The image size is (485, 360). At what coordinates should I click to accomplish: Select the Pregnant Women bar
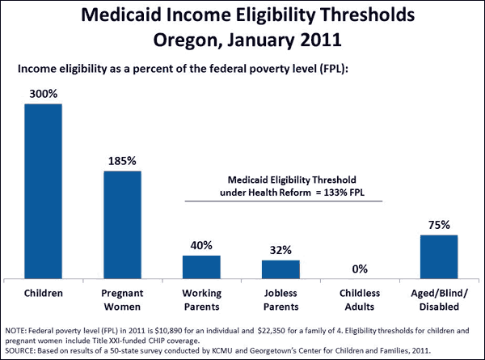click(x=123, y=225)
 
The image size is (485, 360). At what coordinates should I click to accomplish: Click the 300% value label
click(x=44, y=94)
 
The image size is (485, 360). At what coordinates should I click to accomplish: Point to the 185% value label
click(x=123, y=161)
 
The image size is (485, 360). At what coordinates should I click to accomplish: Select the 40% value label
click(x=201, y=245)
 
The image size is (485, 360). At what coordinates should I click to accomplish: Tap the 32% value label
click(x=280, y=250)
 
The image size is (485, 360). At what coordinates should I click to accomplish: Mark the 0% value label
click(x=360, y=269)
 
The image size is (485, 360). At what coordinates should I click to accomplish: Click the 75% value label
click(x=439, y=225)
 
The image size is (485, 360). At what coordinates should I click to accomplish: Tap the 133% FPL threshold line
click(x=283, y=201)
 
